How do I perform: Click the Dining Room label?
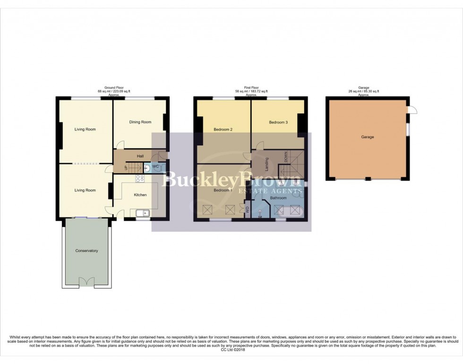[x=140, y=122]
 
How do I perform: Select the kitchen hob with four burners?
[x=140, y=178]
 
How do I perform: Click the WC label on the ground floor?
[x=155, y=167]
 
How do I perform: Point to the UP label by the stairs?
[x=126, y=168]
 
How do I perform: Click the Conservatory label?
[x=86, y=250]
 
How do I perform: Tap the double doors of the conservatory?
[x=86, y=282]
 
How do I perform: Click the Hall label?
[x=140, y=156]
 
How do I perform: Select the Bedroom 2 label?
[x=223, y=129]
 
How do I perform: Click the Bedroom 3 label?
[x=278, y=122]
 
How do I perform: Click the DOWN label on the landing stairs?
[x=285, y=156]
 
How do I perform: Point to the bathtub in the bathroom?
[x=289, y=211]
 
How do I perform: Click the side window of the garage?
[x=409, y=129]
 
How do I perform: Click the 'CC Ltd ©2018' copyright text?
[x=231, y=350]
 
